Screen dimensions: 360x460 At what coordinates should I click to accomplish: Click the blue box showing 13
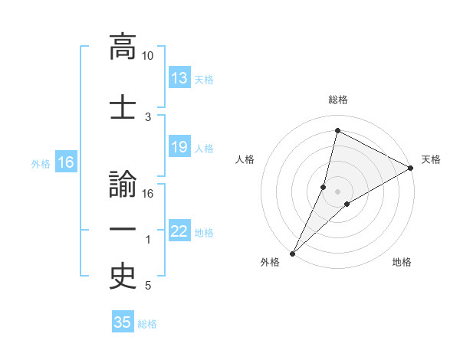coord(179,78)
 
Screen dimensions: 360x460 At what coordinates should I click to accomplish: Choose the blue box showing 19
coord(179,147)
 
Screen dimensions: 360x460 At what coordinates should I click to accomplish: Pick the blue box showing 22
coord(179,231)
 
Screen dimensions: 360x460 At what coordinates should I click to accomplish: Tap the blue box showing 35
coord(123,322)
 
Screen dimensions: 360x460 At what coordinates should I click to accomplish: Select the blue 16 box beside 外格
coord(65,162)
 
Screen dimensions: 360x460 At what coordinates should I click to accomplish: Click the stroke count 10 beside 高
coord(147,56)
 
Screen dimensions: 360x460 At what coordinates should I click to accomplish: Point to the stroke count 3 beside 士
coord(149,117)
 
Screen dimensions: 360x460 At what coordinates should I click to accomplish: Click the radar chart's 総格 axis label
coord(337,100)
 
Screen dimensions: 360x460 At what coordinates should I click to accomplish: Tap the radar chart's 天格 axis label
coord(431,159)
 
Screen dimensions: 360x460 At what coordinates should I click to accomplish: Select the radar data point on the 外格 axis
coord(293,253)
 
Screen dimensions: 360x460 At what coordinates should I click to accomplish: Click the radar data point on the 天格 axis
coord(411,168)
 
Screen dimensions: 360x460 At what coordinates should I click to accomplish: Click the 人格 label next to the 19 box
coord(204,148)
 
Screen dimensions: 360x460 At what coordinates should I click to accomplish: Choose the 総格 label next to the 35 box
coord(147,323)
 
